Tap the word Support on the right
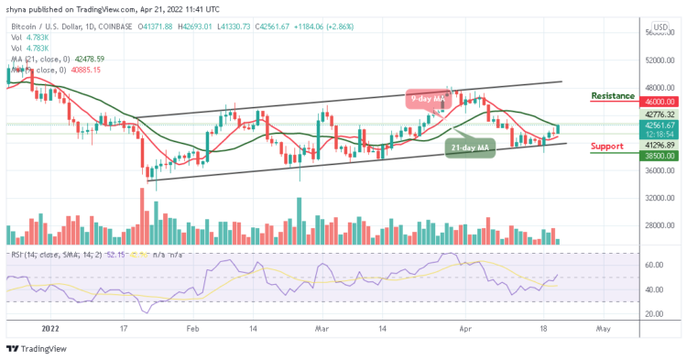[606, 145]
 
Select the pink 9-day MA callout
[426, 95]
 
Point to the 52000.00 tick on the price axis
[659, 60]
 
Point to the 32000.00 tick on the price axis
[659, 198]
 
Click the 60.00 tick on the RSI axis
[655, 266]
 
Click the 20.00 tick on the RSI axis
[655, 313]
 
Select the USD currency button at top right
[659, 27]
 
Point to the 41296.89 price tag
[659, 144]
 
